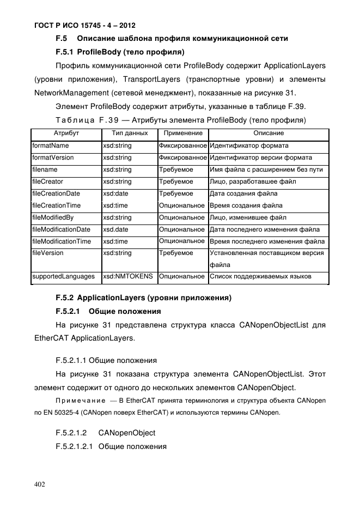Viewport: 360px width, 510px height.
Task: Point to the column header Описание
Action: [269, 133]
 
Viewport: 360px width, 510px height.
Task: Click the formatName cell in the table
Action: [51, 145]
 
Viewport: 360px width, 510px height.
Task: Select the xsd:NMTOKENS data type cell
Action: [128, 276]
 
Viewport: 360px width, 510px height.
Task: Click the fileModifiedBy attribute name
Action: [53, 217]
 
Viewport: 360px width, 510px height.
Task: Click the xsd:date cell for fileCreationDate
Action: [115, 193]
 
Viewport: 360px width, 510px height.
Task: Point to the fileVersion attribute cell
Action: [48, 253]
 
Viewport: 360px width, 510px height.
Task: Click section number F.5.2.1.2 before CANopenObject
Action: [72, 433]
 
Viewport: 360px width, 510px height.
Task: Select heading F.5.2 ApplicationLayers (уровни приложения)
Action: [144, 297]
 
